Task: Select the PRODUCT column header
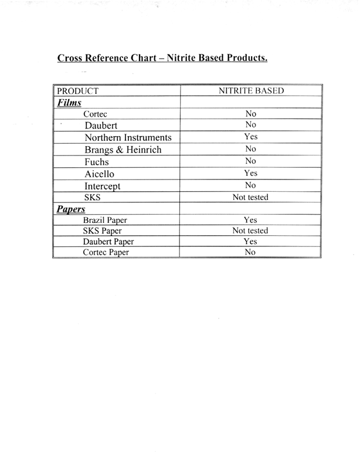click(77, 91)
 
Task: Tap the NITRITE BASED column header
click(251, 91)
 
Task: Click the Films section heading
click(69, 102)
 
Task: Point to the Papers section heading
click(71, 209)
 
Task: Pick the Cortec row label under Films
click(96, 114)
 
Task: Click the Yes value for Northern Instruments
click(250, 137)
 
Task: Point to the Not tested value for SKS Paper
click(250, 230)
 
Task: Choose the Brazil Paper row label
click(105, 220)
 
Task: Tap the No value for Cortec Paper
click(250, 252)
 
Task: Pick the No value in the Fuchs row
click(250, 161)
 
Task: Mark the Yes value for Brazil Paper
click(250, 220)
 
